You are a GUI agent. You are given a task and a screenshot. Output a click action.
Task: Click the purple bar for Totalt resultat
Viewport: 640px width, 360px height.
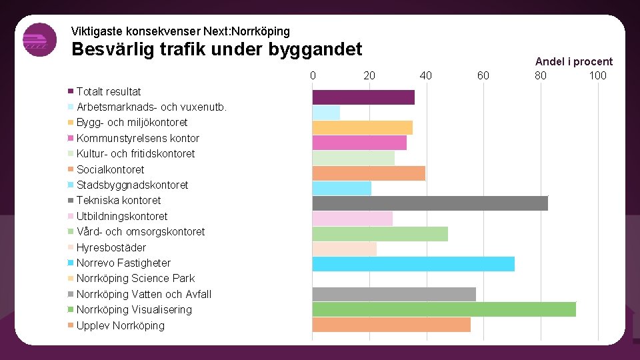(363, 97)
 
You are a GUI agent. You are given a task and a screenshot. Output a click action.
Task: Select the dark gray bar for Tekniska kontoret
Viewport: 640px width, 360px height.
(430, 203)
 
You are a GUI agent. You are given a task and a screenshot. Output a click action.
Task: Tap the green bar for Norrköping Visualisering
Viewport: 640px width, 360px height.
(444, 309)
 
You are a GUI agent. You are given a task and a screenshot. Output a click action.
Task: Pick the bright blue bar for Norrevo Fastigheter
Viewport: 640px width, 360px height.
(413, 264)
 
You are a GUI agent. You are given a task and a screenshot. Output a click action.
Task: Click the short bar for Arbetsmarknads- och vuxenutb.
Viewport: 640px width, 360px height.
(326, 113)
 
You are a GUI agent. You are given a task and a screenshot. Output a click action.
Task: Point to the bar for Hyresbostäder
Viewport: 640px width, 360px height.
(345, 249)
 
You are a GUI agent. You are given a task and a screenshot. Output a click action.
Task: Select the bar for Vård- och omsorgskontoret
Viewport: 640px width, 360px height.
(380, 233)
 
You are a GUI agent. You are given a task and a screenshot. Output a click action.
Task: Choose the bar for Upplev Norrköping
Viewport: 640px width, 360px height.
(391, 325)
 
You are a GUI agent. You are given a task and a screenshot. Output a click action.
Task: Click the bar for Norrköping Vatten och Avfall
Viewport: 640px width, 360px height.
(394, 294)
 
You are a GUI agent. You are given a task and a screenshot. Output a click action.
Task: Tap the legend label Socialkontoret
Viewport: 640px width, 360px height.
(110, 169)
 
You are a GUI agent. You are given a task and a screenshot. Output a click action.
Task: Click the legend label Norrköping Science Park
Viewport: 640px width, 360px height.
(135, 278)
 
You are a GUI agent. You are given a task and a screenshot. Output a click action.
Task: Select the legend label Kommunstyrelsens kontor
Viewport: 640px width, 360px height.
(137, 138)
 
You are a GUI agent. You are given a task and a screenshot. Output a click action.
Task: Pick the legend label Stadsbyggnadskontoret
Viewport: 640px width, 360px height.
(132, 185)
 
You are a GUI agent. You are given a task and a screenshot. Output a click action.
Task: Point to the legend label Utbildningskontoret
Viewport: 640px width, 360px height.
(122, 216)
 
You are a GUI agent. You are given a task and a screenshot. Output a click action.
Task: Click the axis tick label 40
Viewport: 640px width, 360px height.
(426, 75)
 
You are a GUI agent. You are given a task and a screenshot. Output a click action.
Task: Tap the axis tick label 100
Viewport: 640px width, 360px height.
(597, 75)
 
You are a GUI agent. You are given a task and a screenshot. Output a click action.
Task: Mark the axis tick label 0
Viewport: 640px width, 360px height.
(313, 75)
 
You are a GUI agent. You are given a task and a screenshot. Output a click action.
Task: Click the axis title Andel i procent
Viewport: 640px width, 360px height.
(573, 61)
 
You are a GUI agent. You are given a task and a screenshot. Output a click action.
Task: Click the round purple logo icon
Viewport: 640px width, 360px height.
(39, 40)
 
